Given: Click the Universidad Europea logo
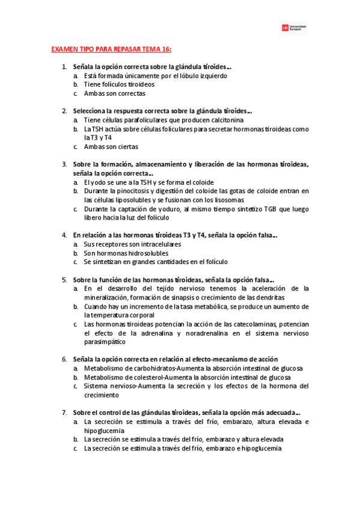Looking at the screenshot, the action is coord(294,28).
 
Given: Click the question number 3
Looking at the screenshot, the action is coord(64,164).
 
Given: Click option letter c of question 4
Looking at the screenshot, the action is coord(76,262).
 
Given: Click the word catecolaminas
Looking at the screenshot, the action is coord(237,324).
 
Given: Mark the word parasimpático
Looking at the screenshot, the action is coord(105,342).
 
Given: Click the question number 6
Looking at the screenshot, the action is coord(64,359).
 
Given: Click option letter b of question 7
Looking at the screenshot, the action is coord(76,439).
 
